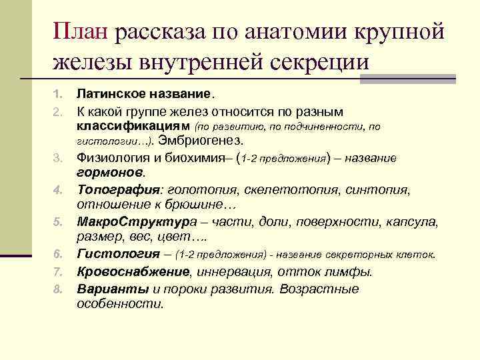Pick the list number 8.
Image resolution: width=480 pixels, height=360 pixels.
[58, 289]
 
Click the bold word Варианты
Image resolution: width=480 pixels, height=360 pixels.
[113, 289]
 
